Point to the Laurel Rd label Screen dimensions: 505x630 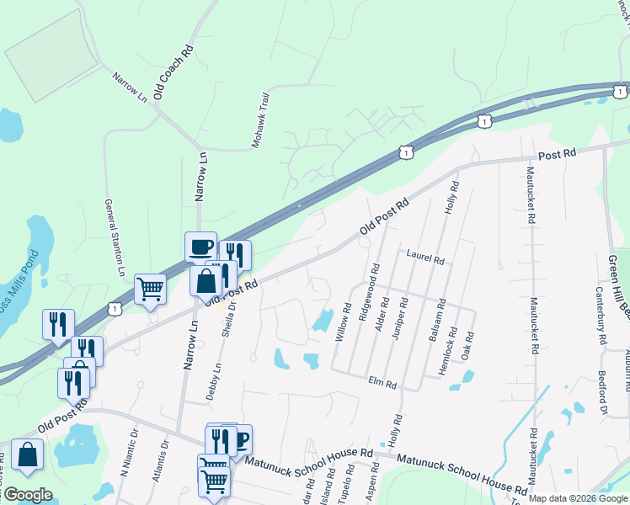tap(424, 256)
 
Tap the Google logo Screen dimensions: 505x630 tap(28, 494)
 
